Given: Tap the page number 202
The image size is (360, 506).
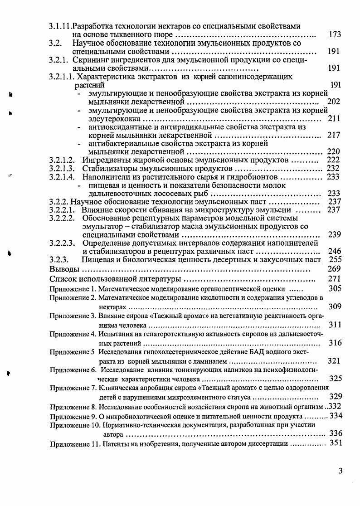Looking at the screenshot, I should (334, 102).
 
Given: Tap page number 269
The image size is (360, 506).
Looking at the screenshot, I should (334, 269).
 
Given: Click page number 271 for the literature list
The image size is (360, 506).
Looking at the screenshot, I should (334, 278).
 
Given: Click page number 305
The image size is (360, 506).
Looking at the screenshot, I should (335, 288).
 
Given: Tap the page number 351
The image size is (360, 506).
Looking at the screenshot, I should (335, 443).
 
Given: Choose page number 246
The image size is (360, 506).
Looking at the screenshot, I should (334, 251).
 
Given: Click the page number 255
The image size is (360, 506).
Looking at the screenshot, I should (334, 260).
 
